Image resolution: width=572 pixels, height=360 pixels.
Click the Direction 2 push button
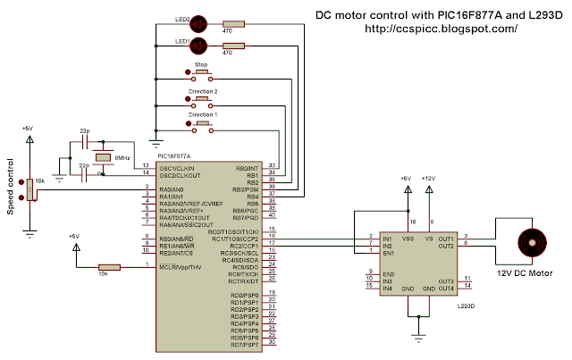[201, 98]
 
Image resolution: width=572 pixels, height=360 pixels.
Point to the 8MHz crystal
[104, 157]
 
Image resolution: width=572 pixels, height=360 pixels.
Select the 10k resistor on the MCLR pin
[109, 266]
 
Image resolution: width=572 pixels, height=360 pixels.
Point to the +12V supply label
[431, 178]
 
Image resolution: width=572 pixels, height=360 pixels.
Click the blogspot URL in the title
[442, 29]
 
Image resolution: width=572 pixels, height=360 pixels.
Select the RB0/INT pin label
[247, 167]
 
